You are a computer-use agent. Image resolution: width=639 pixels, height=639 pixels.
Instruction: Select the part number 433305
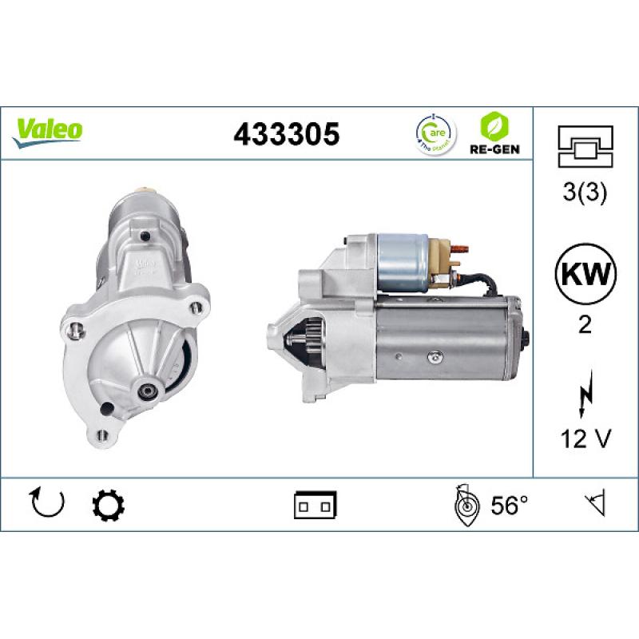286,134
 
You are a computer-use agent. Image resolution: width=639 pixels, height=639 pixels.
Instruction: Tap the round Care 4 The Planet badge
435,133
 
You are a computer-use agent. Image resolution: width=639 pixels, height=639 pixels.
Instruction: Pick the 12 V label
585,439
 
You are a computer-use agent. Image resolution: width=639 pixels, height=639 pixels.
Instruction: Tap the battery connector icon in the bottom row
316,505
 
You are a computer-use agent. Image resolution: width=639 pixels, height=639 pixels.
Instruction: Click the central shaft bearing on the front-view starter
148,391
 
